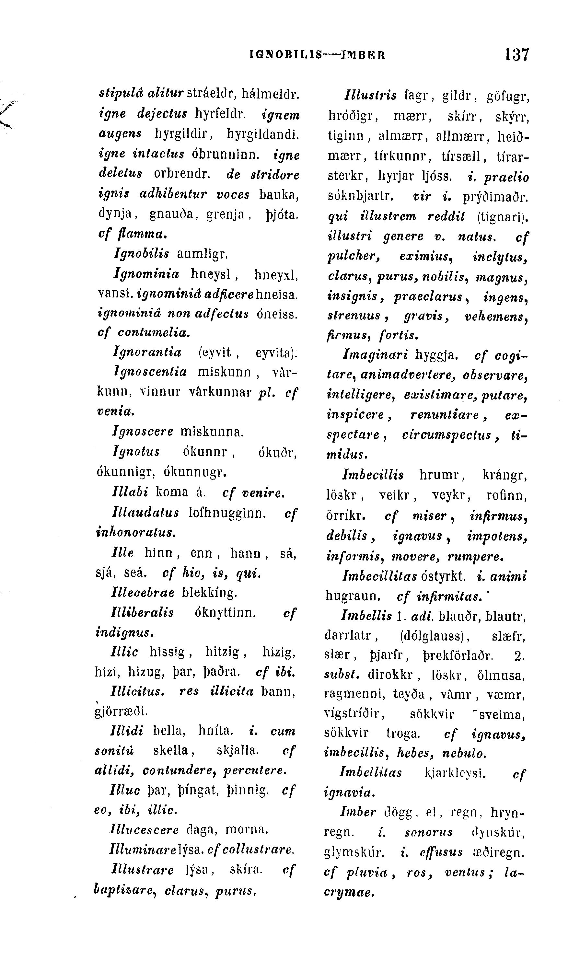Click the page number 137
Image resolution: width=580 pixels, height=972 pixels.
tap(517, 55)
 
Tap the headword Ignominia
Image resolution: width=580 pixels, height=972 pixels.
tap(146, 274)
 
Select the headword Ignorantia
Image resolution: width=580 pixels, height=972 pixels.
tap(147, 353)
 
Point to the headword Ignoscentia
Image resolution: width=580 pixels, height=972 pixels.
tap(150, 372)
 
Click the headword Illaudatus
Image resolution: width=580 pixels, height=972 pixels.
tap(145, 512)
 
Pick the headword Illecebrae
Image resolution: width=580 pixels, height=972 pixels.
tap(143, 593)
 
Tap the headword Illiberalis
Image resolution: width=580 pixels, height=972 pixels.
tap(143, 612)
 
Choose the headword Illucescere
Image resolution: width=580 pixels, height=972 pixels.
tap(145, 830)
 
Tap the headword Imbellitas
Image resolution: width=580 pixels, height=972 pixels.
tap(370, 772)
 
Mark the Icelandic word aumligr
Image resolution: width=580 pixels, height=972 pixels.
tap(203, 254)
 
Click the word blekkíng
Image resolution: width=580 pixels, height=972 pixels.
tap(210, 593)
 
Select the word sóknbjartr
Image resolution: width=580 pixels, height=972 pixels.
tap(360, 196)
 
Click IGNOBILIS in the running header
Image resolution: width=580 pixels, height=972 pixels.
tap(285, 55)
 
